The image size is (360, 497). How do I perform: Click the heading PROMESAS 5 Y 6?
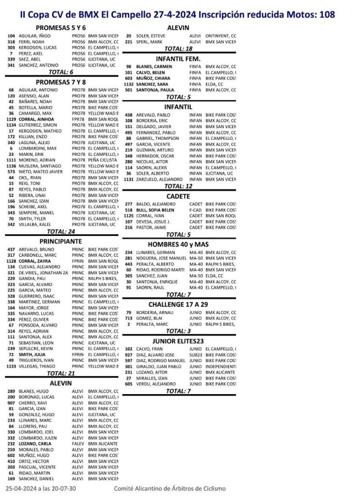tap(61, 28)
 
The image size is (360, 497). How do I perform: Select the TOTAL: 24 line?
tap(61, 232)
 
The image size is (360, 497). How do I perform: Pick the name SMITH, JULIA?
tap(32, 355)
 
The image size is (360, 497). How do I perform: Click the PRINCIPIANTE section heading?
tap(61, 241)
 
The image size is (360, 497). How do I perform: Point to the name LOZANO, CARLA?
tap(33, 444)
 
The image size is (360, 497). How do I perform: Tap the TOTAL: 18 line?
tap(178, 49)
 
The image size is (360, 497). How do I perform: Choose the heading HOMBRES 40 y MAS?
tap(178, 244)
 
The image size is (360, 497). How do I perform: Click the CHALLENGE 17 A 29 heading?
tap(178, 304)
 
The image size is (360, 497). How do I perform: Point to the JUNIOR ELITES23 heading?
tap(178, 341)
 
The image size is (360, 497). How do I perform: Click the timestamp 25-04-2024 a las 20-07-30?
tap(41, 488)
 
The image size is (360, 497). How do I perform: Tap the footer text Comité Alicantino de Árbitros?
tap(170, 488)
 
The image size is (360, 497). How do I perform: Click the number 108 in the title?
tap(327, 15)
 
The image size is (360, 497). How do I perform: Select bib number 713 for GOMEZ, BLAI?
tap(129, 318)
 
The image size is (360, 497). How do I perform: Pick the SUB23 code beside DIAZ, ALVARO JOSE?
tap(196, 355)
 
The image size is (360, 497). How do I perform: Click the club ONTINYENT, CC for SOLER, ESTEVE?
tap(221, 36)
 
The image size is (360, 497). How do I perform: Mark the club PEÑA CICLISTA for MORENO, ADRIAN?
tap(103, 160)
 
